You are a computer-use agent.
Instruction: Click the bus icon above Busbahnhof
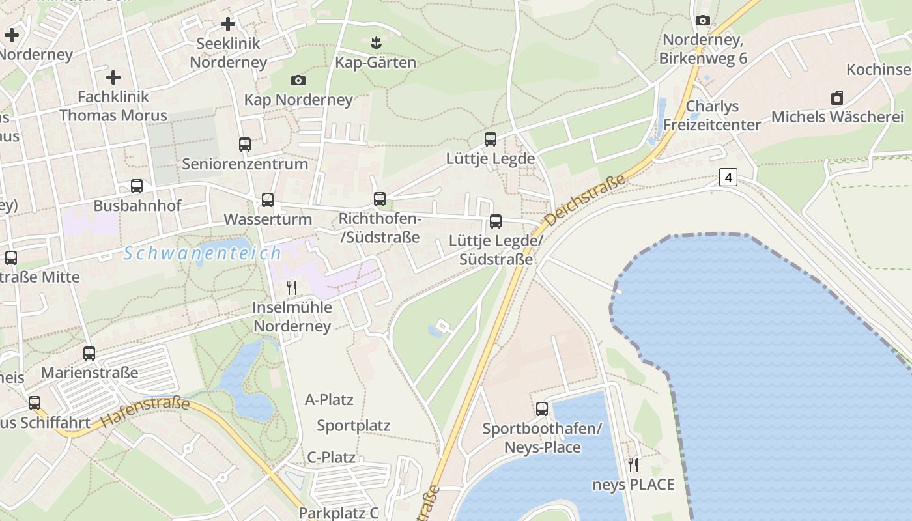click(137, 186)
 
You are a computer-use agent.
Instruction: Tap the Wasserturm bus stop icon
click(268, 200)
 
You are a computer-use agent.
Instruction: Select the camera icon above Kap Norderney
click(298, 80)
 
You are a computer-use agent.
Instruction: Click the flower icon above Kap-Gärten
click(375, 43)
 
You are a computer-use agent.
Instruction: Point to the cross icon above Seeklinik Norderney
click(227, 24)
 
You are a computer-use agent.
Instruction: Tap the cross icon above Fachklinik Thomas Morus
click(113, 77)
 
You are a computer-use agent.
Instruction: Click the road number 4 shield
click(728, 176)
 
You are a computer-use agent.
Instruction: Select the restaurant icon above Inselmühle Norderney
click(292, 287)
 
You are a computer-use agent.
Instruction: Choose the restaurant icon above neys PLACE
click(633, 464)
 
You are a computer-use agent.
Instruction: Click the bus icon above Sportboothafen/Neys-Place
click(542, 409)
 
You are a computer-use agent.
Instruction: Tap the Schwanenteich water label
click(203, 253)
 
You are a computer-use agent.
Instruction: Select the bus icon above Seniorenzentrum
click(245, 144)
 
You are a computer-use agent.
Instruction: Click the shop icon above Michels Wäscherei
click(837, 98)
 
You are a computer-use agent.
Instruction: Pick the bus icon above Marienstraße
click(89, 354)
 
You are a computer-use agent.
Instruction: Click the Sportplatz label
click(353, 426)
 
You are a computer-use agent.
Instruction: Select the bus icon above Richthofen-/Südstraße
click(380, 199)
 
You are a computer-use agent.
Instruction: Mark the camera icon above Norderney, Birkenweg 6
click(702, 21)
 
